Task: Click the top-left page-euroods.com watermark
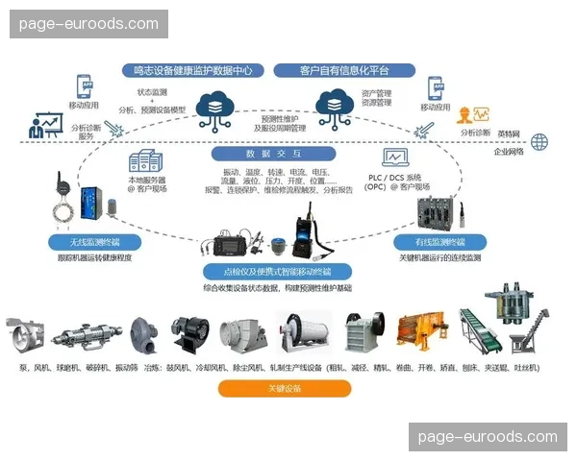click(x=88, y=24)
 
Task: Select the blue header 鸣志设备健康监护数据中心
click(x=192, y=70)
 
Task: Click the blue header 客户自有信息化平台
click(x=344, y=70)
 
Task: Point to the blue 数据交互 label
click(x=274, y=154)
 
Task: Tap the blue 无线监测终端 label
click(x=93, y=243)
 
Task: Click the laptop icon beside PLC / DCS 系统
click(x=395, y=159)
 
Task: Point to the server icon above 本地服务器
click(x=146, y=161)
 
